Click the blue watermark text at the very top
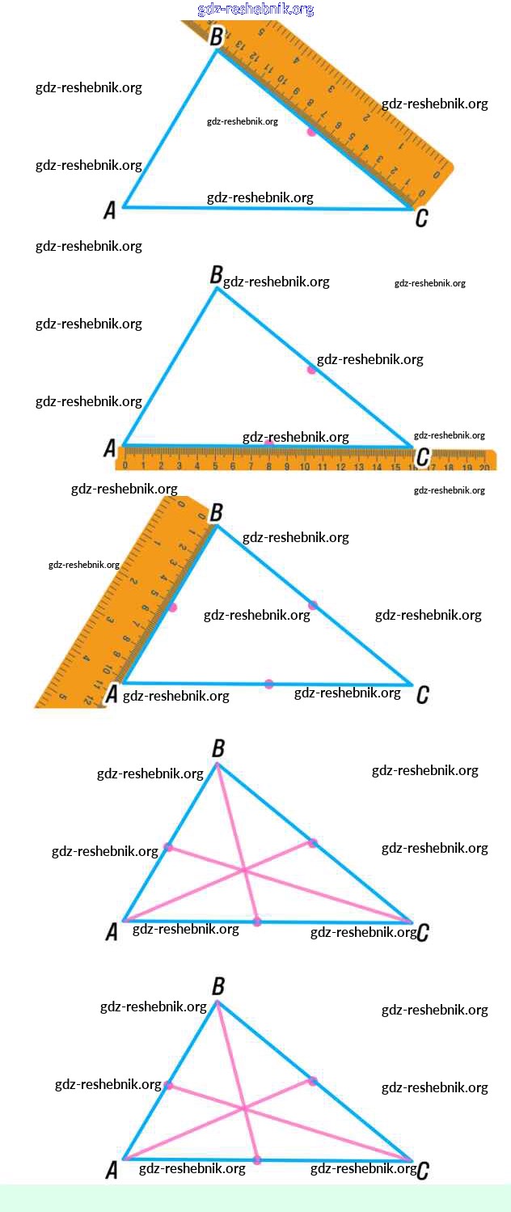[x=255, y=9]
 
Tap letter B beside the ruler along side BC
[x=216, y=36]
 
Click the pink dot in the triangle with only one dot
[x=311, y=130]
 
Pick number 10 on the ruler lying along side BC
[x=282, y=79]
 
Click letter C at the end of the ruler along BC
[x=420, y=218]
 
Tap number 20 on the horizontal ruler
[x=484, y=467]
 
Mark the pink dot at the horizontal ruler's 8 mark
[x=269, y=444]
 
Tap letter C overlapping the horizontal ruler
[x=421, y=458]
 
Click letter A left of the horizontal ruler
[x=110, y=448]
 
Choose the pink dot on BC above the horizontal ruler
[x=311, y=369]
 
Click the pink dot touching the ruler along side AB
[x=172, y=607]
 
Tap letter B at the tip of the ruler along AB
[x=216, y=513]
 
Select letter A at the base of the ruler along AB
[x=112, y=693]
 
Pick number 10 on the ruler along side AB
[x=107, y=670]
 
